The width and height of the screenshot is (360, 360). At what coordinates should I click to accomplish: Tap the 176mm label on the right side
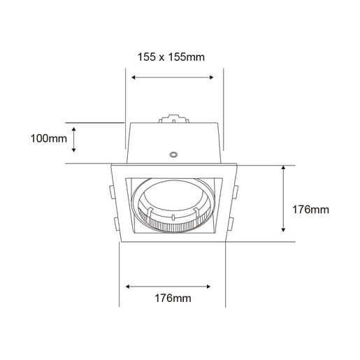(x=310, y=209)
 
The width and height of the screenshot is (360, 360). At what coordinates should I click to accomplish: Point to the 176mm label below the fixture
(x=172, y=298)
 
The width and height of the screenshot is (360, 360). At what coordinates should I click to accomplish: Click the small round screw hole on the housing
(x=173, y=154)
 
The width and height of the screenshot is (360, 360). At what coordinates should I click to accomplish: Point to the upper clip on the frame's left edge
(x=113, y=190)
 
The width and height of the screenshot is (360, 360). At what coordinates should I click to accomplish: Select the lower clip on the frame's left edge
(x=113, y=223)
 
